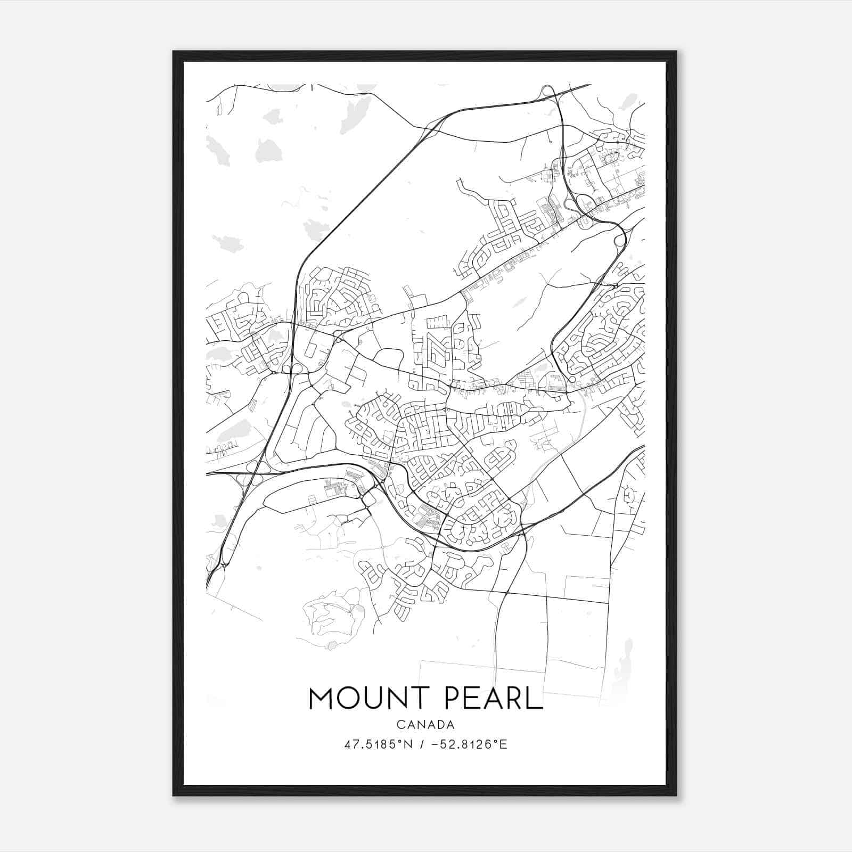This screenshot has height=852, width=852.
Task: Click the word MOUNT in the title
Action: tap(368, 698)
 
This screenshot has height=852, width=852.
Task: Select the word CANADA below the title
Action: tap(425, 725)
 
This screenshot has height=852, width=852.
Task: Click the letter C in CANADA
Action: tap(400, 725)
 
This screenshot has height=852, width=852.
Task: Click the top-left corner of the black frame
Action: tap(174, 52)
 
